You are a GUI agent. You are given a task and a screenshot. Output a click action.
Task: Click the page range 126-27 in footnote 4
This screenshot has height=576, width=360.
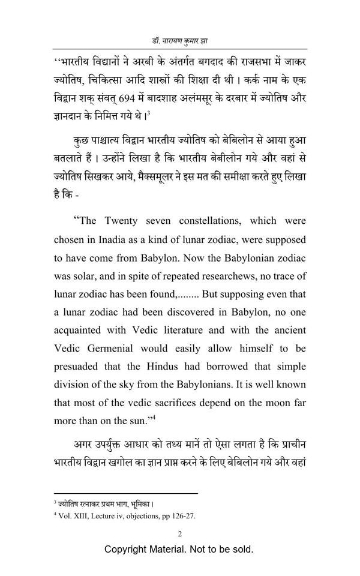pyautogui.click(x=181, y=515)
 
